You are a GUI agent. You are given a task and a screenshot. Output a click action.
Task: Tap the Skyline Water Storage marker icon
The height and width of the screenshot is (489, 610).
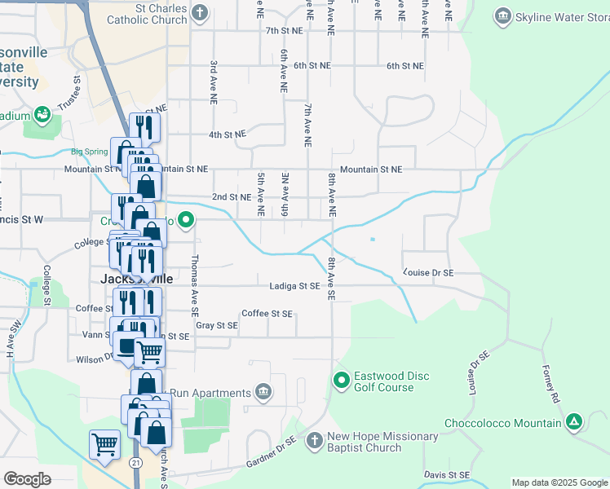[x=503, y=15]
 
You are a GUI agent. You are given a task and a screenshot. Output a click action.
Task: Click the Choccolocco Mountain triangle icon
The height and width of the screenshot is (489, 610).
[x=574, y=422]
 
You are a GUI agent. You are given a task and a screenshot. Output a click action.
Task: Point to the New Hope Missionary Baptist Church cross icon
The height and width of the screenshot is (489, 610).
[x=314, y=441]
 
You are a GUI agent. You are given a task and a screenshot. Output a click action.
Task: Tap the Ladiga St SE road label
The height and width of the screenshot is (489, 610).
[x=295, y=286]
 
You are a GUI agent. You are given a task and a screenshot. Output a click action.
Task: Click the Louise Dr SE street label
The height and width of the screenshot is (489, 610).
[x=428, y=272]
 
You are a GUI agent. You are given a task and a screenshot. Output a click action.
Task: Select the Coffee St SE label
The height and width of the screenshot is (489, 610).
[x=267, y=313]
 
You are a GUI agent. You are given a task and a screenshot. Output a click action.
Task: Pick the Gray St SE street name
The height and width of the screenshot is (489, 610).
[x=216, y=325]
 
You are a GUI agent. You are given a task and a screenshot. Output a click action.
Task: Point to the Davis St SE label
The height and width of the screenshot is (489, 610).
[x=447, y=474]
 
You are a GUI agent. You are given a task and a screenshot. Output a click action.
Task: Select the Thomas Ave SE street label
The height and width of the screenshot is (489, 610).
[x=194, y=284]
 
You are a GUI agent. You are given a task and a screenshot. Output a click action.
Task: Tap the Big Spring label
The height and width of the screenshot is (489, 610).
[x=89, y=152]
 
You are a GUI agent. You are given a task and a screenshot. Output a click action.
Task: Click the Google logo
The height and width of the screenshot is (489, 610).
[x=27, y=479]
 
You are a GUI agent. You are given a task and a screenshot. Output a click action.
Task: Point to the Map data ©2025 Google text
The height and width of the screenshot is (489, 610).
[x=559, y=482]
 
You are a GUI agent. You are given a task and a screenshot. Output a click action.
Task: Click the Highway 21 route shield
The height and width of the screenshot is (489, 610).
[x=135, y=462]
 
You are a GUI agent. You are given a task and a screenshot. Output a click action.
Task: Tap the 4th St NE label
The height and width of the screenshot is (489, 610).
[x=227, y=134]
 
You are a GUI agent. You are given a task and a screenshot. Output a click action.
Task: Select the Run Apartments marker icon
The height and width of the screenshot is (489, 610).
[x=263, y=393]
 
